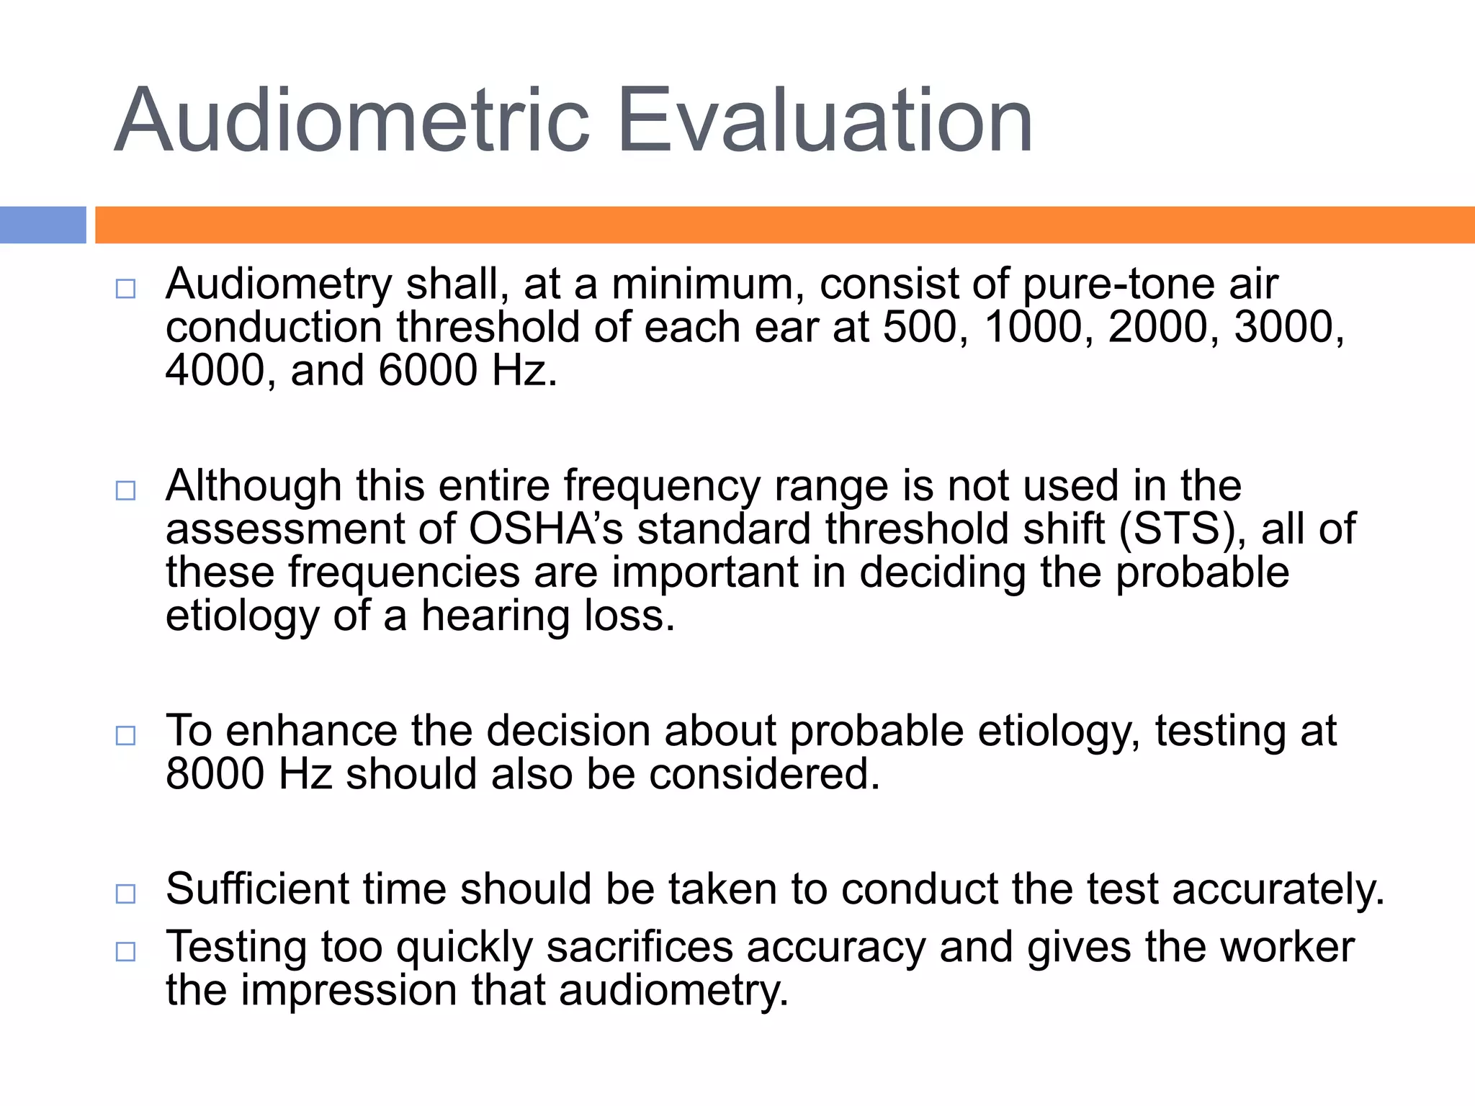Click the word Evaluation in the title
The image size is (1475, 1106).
pos(825,120)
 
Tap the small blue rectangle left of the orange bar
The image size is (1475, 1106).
pos(42,225)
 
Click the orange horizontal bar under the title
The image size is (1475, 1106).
pos(785,225)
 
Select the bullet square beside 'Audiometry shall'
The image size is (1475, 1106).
pos(125,289)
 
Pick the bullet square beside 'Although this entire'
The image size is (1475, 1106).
pos(125,491)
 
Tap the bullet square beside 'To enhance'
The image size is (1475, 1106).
pos(125,736)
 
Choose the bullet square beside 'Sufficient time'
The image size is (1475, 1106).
pos(125,894)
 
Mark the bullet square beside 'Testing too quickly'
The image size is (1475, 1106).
pos(125,952)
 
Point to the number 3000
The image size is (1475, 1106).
pos(1287,328)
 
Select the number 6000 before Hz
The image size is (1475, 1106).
pos(428,371)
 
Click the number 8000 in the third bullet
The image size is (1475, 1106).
pos(215,775)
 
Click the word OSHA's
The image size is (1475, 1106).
pos(545,529)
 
